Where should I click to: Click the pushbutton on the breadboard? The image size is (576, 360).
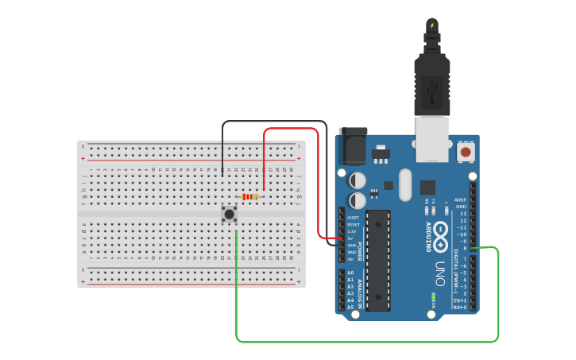(x=229, y=213)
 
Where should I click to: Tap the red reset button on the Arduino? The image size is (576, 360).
(x=466, y=151)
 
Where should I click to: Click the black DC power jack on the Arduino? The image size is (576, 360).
(x=353, y=146)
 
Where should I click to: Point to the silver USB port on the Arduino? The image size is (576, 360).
(x=432, y=138)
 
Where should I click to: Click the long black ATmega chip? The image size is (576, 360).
(x=378, y=260)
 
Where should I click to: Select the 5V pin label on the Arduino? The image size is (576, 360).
(x=351, y=238)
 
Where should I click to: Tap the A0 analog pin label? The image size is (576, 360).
(x=350, y=273)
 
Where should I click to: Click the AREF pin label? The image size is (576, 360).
(x=460, y=199)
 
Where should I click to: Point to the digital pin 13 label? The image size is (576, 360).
(x=463, y=213)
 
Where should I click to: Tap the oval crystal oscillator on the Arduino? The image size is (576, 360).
(x=405, y=184)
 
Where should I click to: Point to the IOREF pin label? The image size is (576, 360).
(x=353, y=218)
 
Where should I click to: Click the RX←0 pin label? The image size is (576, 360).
(x=460, y=307)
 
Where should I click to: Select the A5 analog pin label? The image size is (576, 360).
(x=350, y=307)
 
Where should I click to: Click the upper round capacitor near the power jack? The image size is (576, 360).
(x=358, y=180)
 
